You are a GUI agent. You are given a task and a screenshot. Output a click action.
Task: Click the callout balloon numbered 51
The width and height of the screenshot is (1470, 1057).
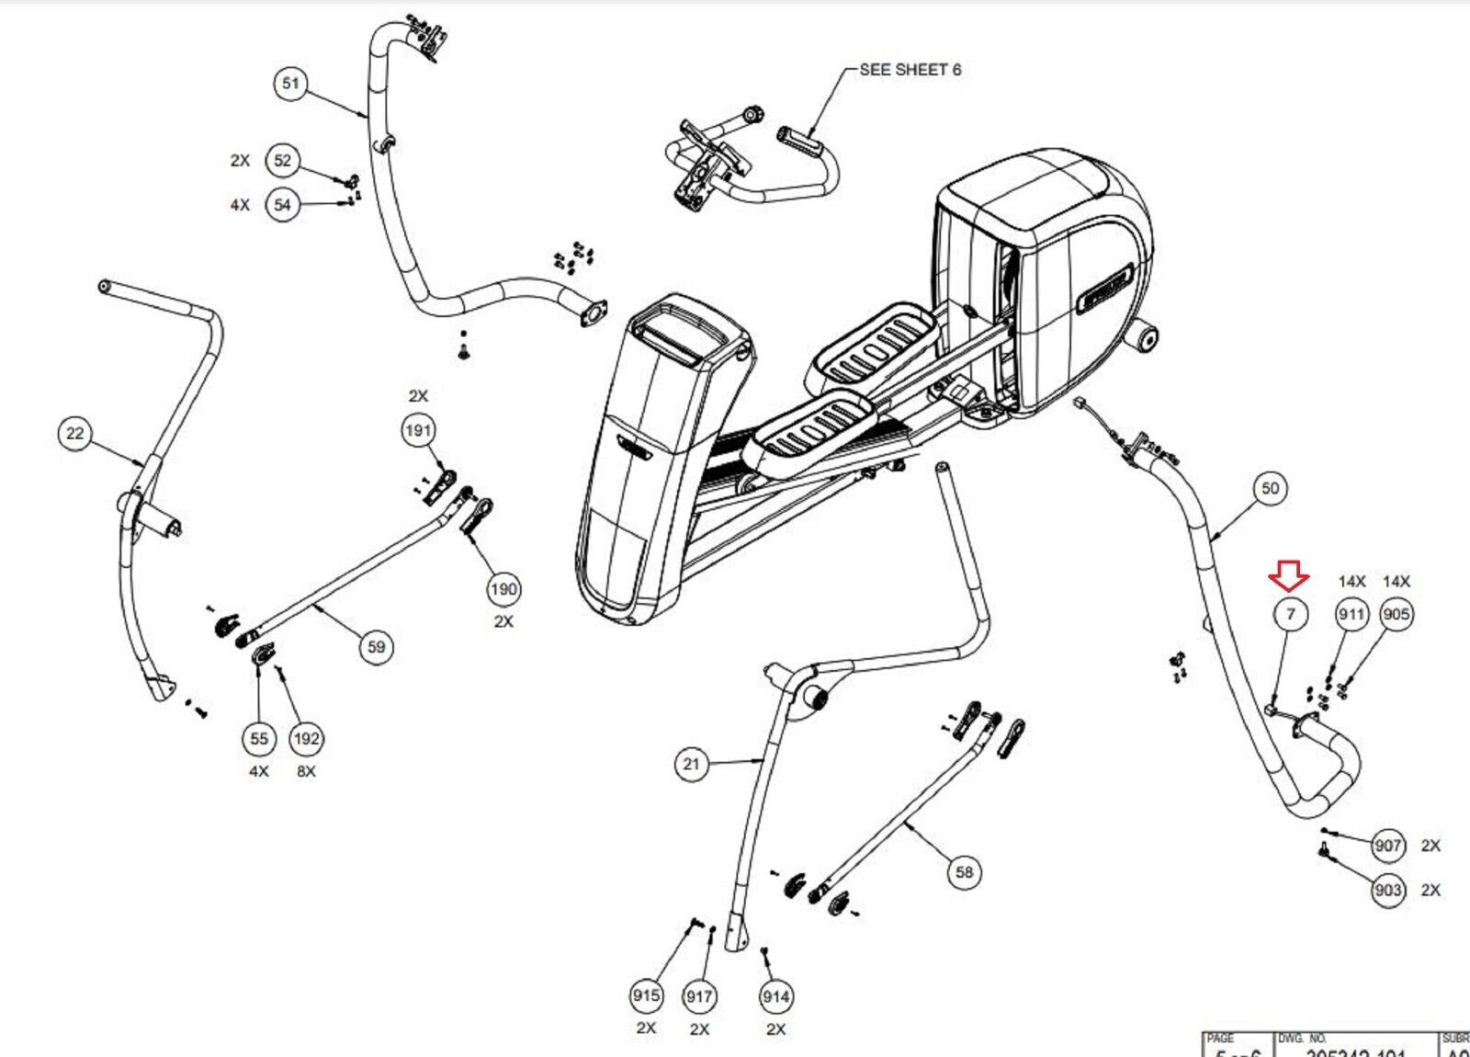click(290, 84)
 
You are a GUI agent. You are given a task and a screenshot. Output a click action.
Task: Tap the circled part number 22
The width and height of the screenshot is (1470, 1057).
click(74, 433)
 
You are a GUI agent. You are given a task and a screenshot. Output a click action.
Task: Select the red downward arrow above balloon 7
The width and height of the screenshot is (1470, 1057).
click(1289, 577)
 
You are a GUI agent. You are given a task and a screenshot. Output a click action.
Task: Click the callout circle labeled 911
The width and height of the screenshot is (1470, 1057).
click(1351, 614)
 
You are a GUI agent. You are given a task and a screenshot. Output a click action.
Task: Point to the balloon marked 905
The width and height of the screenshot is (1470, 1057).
click(1396, 614)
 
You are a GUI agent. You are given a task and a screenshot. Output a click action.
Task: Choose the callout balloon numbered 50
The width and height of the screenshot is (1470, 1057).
click(1270, 488)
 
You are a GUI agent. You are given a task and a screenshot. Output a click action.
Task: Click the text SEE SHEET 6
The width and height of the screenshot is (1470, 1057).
click(910, 70)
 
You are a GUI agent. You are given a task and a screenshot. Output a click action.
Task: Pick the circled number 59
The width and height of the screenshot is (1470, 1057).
click(376, 647)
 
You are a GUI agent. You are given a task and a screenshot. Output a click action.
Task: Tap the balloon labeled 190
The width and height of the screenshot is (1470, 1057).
click(503, 588)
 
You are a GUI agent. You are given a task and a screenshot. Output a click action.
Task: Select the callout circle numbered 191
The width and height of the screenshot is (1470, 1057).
click(418, 430)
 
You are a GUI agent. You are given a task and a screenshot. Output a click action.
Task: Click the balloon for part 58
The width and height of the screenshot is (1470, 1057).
click(964, 871)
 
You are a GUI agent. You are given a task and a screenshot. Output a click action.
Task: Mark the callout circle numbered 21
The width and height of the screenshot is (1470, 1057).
click(691, 764)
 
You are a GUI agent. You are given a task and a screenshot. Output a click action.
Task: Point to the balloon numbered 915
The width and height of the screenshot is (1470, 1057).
click(646, 995)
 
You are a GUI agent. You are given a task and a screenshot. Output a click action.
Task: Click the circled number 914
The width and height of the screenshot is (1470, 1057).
click(775, 996)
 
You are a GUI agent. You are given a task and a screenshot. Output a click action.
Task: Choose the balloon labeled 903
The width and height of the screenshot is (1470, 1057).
click(1387, 890)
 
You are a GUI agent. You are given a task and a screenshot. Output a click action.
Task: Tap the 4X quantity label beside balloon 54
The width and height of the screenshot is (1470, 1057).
click(240, 205)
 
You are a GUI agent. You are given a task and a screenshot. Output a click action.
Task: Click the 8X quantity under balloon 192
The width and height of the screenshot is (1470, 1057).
click(306, 771)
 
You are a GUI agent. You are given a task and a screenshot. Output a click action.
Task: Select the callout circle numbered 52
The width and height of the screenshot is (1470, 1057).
click(282, 161)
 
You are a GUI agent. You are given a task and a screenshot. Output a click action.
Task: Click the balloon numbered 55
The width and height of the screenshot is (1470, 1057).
click(259, 738)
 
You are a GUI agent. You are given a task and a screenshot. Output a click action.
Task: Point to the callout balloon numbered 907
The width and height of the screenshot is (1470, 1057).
click(1387, 846)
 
